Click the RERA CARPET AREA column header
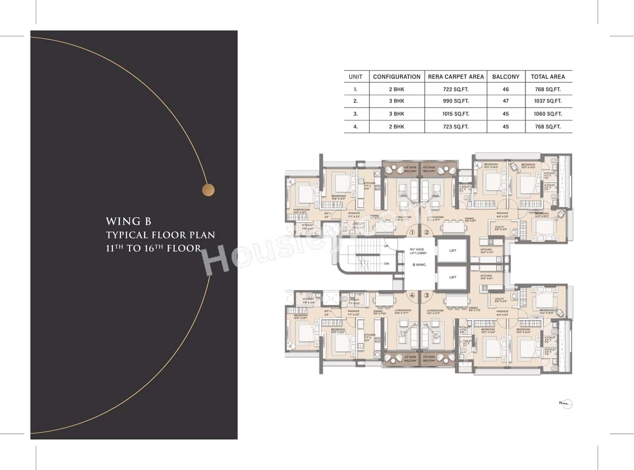456,77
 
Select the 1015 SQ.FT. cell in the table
456,114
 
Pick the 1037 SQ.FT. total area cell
548,101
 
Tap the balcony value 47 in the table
506,101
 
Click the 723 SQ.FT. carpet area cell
456,127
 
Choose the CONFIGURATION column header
396,77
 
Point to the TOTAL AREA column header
548,77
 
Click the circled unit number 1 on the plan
412,233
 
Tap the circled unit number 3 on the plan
426,295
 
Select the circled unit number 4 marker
412,295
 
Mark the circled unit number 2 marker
426,233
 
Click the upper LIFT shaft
452,251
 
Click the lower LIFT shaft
452,278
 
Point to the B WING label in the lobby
419,265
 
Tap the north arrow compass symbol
567,404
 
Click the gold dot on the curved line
209,190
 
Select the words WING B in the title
128,222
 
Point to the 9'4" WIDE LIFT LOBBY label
419,251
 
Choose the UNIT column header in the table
355,77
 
